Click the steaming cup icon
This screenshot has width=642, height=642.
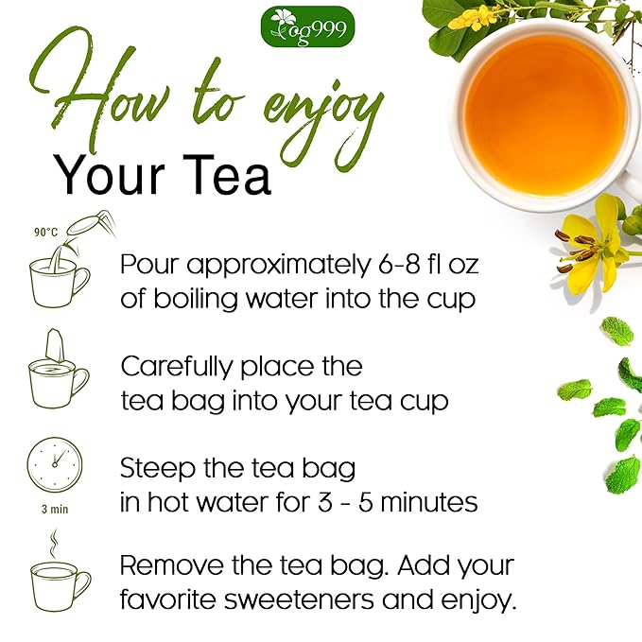coord(59,576)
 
